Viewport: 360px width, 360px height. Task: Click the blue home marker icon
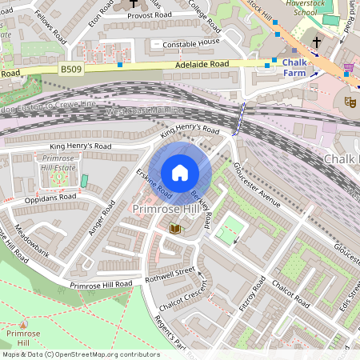[x=180, y=172]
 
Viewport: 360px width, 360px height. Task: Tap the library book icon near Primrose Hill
[x=175, y=229]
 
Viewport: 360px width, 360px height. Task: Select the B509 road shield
[x=71, y=70]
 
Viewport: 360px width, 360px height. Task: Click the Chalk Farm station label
[x=295, y=67]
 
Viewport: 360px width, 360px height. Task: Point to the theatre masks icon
[x=349, y=102]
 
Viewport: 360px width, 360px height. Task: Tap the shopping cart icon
[x=348, y=67]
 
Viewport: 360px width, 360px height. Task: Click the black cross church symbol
[x=316, y=42]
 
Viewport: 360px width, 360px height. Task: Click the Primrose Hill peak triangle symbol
[x=23, y=324]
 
